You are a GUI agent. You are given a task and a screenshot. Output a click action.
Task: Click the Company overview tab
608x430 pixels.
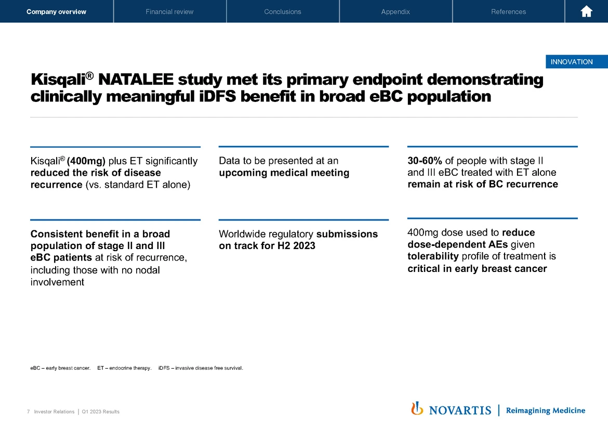click(56, 11)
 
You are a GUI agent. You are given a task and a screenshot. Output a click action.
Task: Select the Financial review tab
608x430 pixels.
click(169, 11)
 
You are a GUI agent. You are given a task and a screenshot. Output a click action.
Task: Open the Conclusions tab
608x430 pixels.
click(282, 11)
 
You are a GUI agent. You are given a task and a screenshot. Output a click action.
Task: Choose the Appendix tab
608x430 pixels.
click(395, 11)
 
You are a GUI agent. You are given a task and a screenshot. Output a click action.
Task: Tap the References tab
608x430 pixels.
click(508, 11)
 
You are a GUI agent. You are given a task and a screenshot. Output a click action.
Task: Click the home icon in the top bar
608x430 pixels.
click(586, 11)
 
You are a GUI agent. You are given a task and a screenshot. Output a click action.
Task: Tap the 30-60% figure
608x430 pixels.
click(425, 161)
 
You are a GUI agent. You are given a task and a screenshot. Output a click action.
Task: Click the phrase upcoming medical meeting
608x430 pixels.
click(284, 173)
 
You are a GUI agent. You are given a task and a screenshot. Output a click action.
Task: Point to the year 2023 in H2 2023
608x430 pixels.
click(304, 245)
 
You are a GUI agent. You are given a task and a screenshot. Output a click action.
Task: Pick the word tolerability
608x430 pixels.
click(433, 256)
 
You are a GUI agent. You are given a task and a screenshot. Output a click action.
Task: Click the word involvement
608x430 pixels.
click(57, 282)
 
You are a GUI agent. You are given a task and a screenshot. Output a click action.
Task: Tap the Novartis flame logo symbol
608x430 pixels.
click(417, 409)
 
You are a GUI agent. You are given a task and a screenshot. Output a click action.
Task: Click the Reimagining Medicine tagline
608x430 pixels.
click(545, 410)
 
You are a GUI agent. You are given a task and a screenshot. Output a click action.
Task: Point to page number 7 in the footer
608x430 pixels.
click(28, 412)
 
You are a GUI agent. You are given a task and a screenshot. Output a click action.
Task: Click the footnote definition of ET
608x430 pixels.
click(124, 369)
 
